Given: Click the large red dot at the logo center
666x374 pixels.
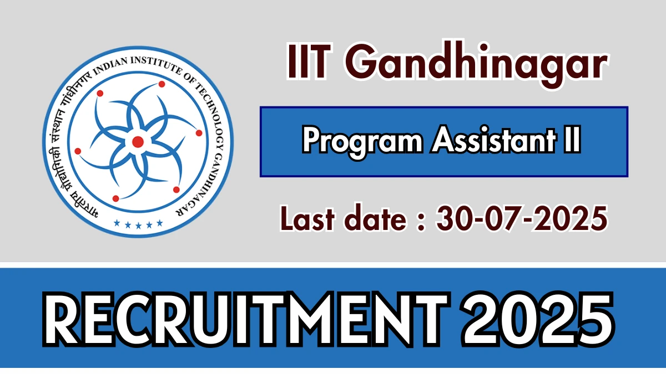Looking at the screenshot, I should click(x=138, y=142).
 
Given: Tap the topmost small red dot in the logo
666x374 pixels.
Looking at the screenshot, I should click(x=162, y=84).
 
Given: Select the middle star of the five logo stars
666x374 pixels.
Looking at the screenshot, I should click(x=138, y=223).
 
